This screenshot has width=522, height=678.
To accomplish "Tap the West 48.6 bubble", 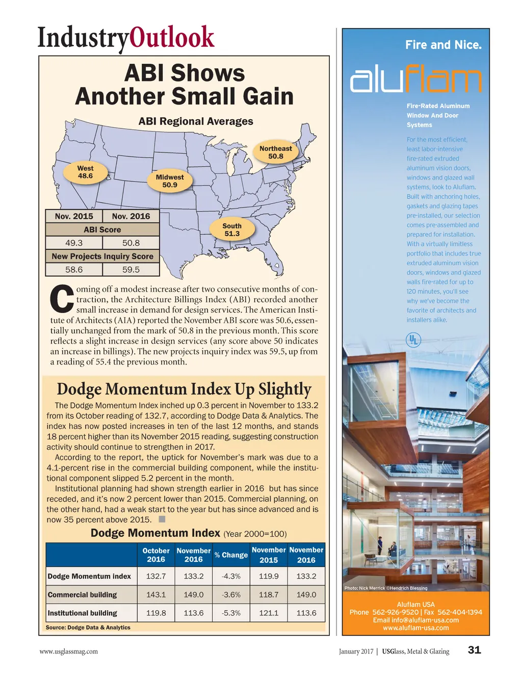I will (x=85, y=172).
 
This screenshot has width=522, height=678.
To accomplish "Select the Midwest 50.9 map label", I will (x=170, y=181).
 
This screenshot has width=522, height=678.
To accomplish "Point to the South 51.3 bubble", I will (x=232, y=230).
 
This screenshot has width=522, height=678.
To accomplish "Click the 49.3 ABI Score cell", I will (x=74, y=243).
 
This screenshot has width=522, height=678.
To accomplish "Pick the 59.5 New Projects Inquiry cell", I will (x=131, y=270).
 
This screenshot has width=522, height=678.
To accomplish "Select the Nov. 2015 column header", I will (x=74, y=216).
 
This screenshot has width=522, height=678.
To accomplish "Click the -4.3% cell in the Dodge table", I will (x=231, y=576).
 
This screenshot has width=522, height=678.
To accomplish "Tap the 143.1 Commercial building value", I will (x=156, y=594).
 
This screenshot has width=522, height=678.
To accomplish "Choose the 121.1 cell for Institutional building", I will (x=269, y=613).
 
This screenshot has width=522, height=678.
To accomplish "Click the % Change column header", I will (x=231, y=555).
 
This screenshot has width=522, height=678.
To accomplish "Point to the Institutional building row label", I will (x=83, y=613).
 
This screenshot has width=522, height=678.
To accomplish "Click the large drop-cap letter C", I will (x=62, y=299).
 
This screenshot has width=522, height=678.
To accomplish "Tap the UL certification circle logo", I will (x=413, y=340).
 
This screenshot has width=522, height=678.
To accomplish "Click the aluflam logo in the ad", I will (x=415, y=79).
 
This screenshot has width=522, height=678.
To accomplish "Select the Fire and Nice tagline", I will (x=443, y=45).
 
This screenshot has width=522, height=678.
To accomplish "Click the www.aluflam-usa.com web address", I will (x=416, y=628).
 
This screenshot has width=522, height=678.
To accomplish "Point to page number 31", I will (x=475, y=650).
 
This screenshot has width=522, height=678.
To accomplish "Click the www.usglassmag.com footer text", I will (x=69, y=651).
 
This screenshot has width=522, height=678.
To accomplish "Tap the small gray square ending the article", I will (x=162, y=519).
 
